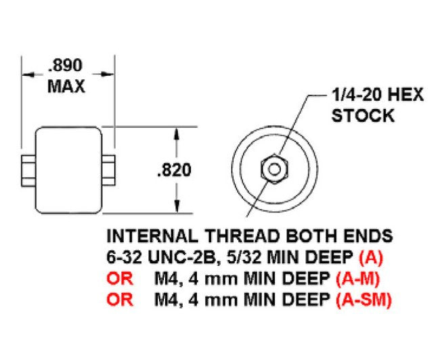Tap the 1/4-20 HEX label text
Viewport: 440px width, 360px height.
376,95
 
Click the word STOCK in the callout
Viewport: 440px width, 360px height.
363,115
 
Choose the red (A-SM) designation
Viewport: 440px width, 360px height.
364,299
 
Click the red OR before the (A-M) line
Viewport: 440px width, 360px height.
120,278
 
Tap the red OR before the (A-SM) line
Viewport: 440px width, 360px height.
120,299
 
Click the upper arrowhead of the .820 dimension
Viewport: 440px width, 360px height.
177,133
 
